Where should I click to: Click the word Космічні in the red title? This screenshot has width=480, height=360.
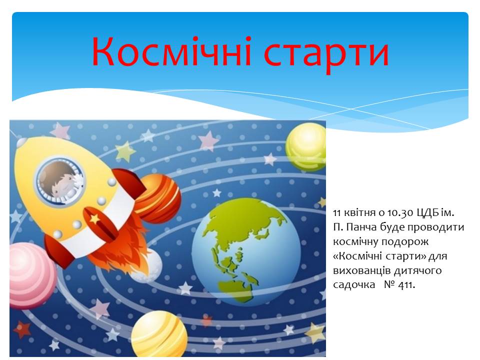171,51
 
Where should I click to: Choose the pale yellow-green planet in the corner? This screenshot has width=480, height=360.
306,147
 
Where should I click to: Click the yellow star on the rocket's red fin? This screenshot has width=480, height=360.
94,218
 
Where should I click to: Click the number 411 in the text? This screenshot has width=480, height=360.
407,285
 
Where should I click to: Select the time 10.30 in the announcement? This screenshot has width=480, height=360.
400,213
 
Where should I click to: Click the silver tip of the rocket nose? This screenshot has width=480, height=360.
21,142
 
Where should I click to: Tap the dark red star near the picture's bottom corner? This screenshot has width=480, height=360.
22,329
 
